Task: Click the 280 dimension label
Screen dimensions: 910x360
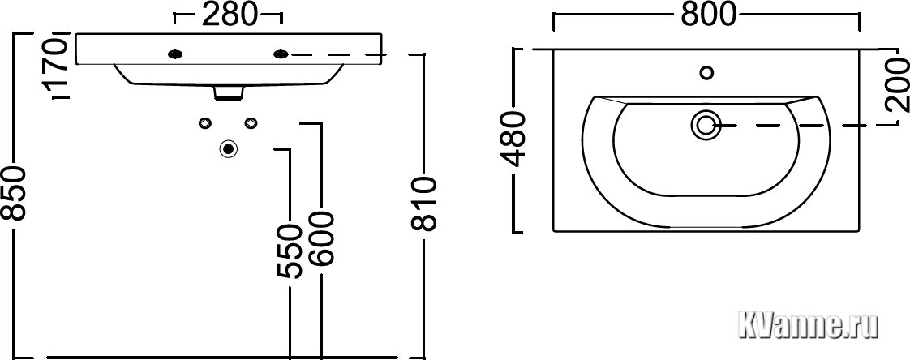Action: click(229, 15)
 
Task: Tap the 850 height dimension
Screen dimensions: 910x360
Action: click(13, 193)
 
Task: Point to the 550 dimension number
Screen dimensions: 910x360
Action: click(289, 251)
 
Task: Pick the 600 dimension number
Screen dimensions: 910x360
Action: click(321, 238)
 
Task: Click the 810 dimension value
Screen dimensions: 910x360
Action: click(423, 205)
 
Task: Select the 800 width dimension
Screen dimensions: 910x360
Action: click(708, 15)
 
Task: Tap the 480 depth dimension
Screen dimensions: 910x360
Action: click(513, 139)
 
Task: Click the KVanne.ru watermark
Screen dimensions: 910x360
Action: click(807, 326)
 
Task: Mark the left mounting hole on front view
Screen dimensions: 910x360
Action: click(175, 54)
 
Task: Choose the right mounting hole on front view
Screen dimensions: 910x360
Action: click(281, 54)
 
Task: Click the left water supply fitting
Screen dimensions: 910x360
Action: click(204, 122)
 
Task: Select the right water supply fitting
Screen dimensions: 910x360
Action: click(251, 122)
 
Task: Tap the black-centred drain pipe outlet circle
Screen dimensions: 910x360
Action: click(228, 149)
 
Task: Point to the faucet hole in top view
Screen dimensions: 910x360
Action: click(707, 73)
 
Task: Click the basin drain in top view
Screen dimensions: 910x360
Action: click(706, 125)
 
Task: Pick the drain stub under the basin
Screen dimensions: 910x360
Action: click(228, 93)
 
